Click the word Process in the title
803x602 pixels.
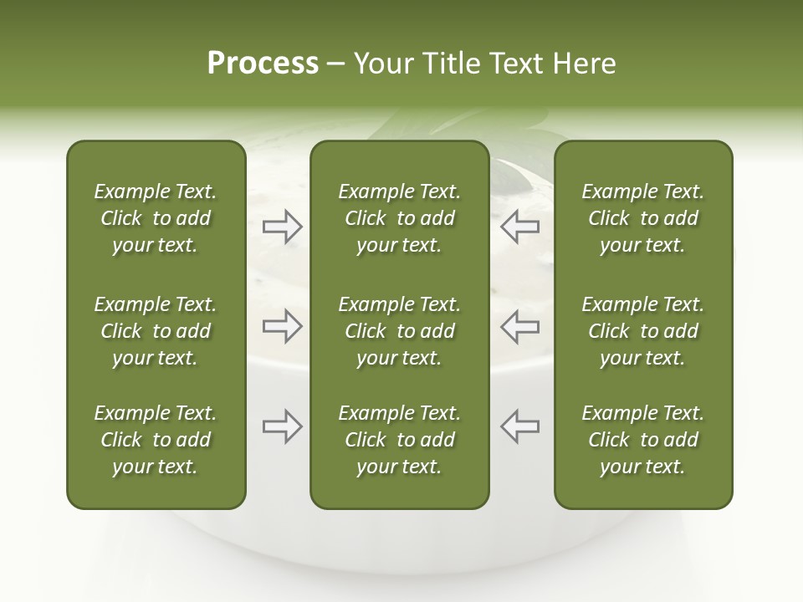click(263, 64)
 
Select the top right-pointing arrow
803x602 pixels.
click(282, 226)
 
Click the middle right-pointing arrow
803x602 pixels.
click(282, 326)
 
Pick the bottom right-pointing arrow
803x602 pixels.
click(282, 426)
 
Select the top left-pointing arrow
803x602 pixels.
click(520, 226)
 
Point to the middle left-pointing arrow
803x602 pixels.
click(520, 326)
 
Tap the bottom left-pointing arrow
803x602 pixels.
click(520, 426)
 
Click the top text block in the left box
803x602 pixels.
click(156, 218)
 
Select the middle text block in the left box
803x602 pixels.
click(156, 331)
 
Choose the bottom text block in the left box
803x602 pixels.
click(156, 440)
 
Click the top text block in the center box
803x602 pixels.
click(399, 218)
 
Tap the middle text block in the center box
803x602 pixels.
click(399, 331)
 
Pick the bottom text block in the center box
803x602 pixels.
click(399, 440)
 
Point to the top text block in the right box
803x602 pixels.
click(642, 218)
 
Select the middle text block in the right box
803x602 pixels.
click(642, 331)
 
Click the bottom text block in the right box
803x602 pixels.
click(642, 440)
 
